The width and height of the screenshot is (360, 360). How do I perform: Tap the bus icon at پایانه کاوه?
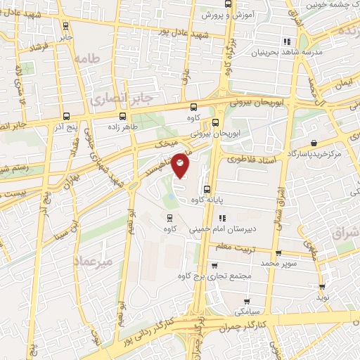[207, 189]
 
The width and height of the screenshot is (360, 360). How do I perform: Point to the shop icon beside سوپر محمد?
[278, 254]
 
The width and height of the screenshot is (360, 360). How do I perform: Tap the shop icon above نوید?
[322, 286]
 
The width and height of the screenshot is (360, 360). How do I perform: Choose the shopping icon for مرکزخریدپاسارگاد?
[311, 143]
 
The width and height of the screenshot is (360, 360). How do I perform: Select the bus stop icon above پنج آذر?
[65, 117]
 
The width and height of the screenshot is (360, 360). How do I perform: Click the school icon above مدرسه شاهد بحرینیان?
[285, 41]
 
